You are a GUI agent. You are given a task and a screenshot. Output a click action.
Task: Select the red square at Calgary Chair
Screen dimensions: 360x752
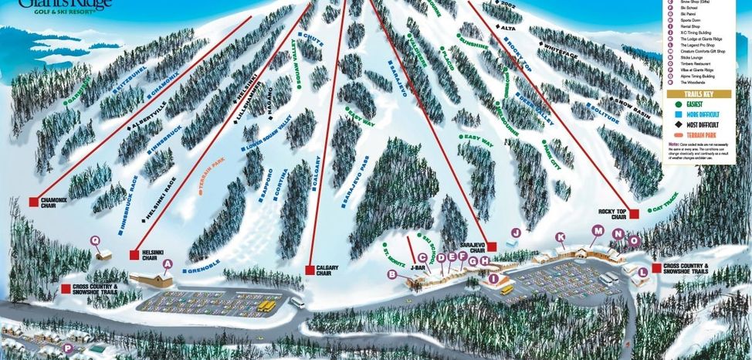click(310, 270)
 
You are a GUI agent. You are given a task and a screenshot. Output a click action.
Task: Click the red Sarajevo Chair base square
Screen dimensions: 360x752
click(489, 246)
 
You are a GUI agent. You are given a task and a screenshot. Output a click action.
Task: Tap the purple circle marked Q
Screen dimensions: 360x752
click(96, 240)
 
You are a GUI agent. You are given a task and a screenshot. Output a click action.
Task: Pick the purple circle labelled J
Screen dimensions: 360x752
click(516, 232)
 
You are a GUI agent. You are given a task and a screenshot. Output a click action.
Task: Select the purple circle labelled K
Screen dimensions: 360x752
click(561, 236)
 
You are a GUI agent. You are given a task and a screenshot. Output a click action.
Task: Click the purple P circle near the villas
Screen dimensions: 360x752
click(68, 348)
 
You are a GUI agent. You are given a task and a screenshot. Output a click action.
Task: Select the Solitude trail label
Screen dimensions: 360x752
click(605, 116)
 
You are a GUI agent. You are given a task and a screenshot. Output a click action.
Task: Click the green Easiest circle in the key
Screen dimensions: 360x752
click(677, 103)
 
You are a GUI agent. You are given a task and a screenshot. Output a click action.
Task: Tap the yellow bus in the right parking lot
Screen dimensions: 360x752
click(506, 290)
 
